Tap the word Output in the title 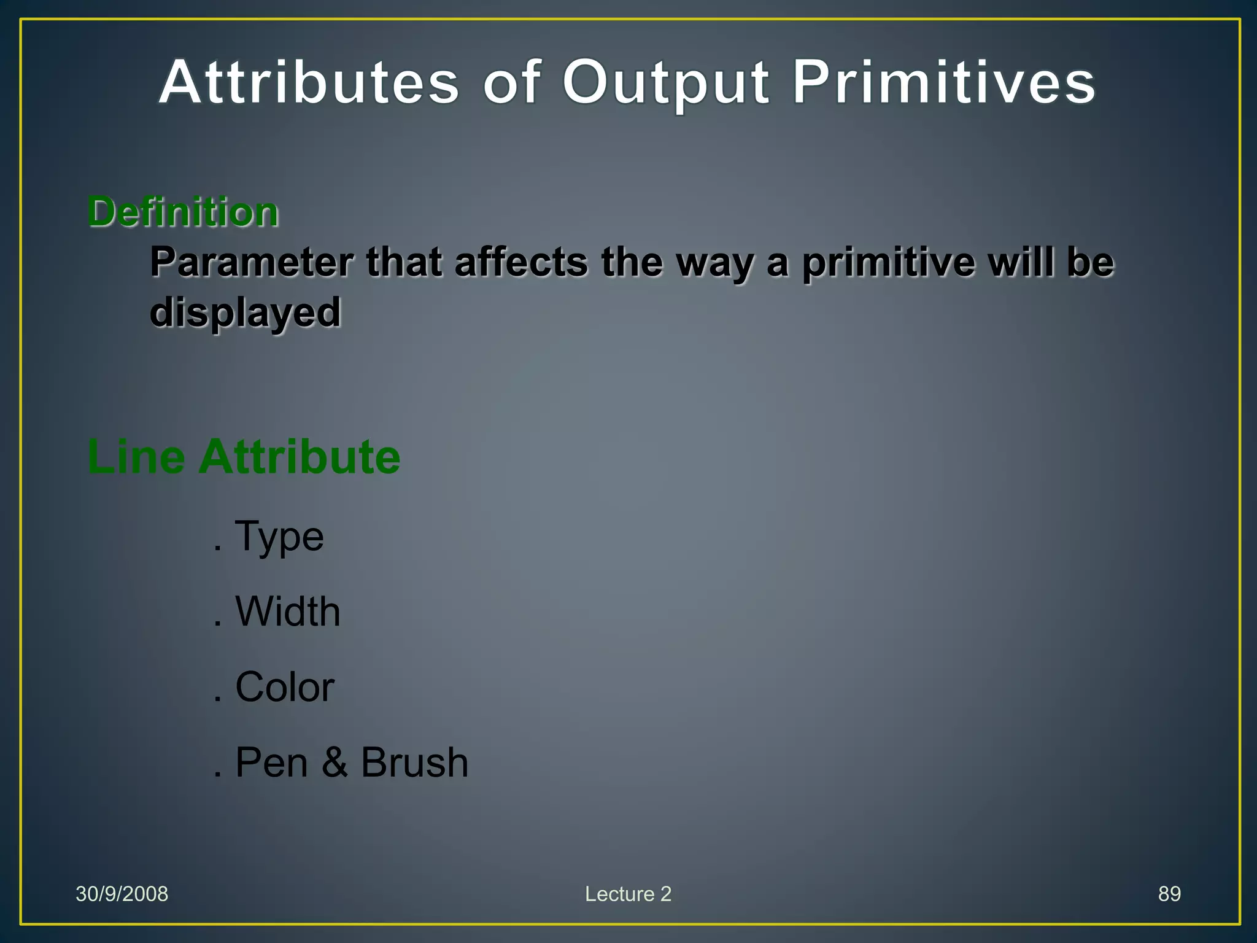665,83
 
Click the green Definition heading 183,212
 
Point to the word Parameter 252,262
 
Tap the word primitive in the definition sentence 888,262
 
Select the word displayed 245,312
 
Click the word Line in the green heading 136,457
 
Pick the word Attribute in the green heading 299,457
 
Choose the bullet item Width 287,611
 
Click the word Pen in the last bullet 271,763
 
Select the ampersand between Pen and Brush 335,763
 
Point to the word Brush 414,763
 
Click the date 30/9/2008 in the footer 122,894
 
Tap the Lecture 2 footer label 628,894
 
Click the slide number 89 1169,894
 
